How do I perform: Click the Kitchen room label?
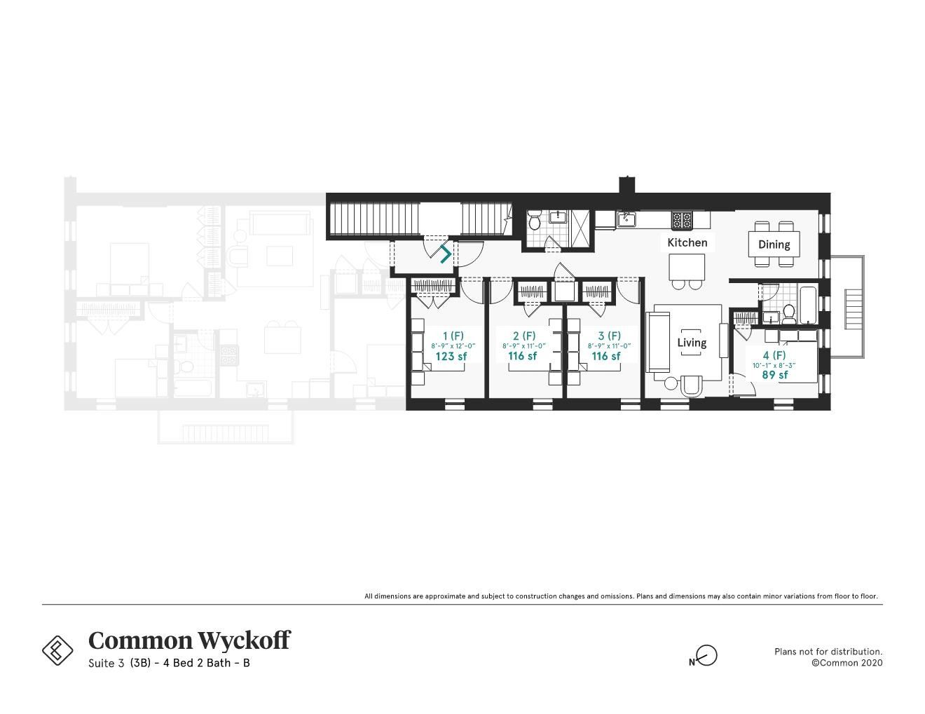pos(687,242)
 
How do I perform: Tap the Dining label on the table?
pos(774,245)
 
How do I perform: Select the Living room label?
pos(691,343)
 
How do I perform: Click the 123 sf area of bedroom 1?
pos(451,356)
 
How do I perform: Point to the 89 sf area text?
pos(774,375)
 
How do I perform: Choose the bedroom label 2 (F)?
pos(523,336)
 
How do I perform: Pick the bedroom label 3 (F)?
pos(609,336)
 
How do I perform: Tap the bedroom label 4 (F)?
pos(774,355)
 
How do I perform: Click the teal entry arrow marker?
pos(446,254)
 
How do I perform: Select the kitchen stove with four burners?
pos(681,221)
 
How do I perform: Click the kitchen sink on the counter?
pos(626,220)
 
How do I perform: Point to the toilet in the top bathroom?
pos(534,222)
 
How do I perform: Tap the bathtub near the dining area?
pos(808,304)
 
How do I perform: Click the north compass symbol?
pos(706,656)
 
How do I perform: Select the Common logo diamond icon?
pos(57,650)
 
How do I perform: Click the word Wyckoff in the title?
pos(243,640)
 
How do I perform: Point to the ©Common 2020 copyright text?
pos(847,663)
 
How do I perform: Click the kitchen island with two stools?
pos(687,268)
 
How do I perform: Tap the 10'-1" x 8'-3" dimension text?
pos(774,365)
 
